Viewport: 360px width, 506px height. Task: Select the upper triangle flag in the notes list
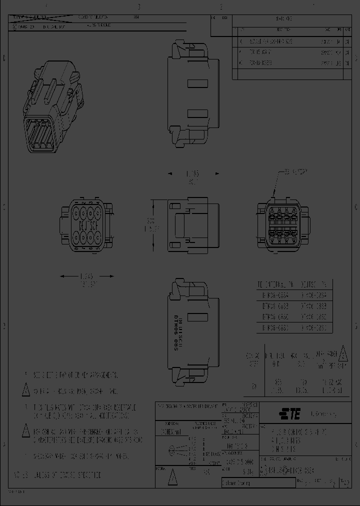[x=26, y=389]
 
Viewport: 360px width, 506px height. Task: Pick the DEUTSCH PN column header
[x=315, y=284]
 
